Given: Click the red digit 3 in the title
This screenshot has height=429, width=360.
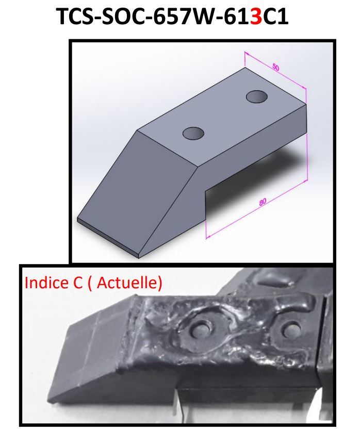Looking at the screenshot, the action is coord(256,16).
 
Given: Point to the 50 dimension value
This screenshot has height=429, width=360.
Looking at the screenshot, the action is coord(276,68).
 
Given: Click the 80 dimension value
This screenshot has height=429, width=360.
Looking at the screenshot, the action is coord(263,202).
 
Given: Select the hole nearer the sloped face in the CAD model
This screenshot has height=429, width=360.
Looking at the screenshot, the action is coord(193,133).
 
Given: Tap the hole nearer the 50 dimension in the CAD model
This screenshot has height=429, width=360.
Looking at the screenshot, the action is coord(257,97).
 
